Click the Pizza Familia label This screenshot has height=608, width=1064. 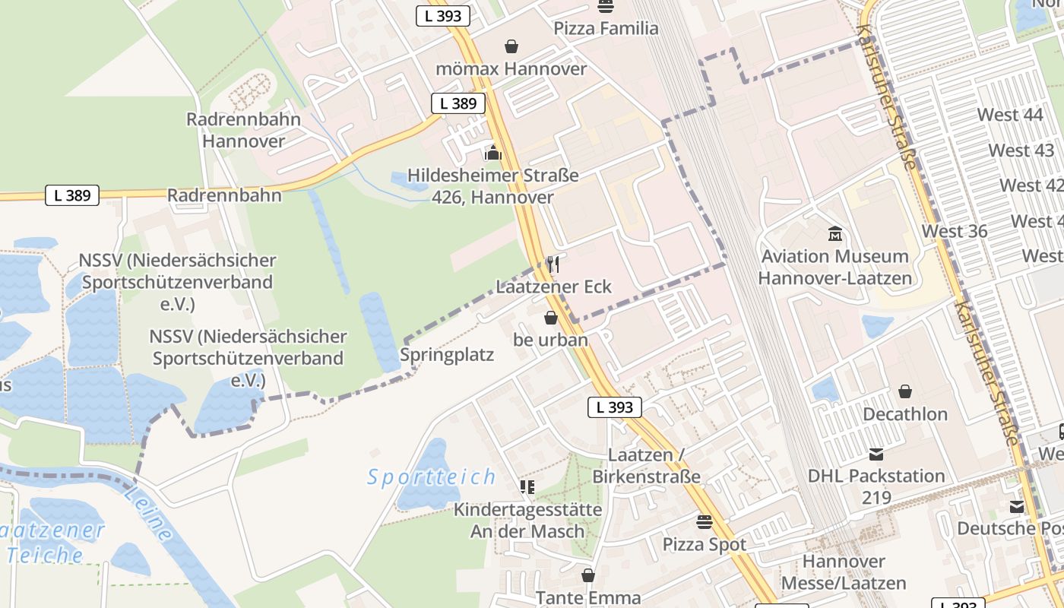click(x=606, y=29)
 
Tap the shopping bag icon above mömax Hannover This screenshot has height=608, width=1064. click(x=511, y=46)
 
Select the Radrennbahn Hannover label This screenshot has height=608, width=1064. click(x=244, y=130)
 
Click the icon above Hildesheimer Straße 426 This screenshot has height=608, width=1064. click(x=493, y=154)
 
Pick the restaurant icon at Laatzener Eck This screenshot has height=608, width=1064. click(x=553, y=264)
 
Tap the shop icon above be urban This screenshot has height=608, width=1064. click(x=551, y=318)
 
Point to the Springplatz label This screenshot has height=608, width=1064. click(x=447, y=355)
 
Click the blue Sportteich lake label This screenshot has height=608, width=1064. click(x=432, y=477)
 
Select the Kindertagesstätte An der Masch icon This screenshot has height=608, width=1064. click(x=527, y=486)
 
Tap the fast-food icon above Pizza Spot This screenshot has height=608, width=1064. click(x=705, y=522)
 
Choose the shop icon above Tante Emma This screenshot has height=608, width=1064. click(x=587, y=575)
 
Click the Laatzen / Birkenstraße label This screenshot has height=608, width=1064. click(x=646, y=466)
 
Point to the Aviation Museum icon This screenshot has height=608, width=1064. click(x=835, y=233)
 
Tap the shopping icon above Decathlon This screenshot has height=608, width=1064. click(x=905, y=391)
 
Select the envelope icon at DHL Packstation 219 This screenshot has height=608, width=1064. click(x=876, y=454)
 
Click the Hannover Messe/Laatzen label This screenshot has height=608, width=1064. click(x=855, y=572)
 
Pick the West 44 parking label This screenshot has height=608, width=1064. click(x=1009, y=115)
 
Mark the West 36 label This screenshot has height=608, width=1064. click(x=955, y=231)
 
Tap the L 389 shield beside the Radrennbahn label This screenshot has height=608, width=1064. click(x=72, y=195)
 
